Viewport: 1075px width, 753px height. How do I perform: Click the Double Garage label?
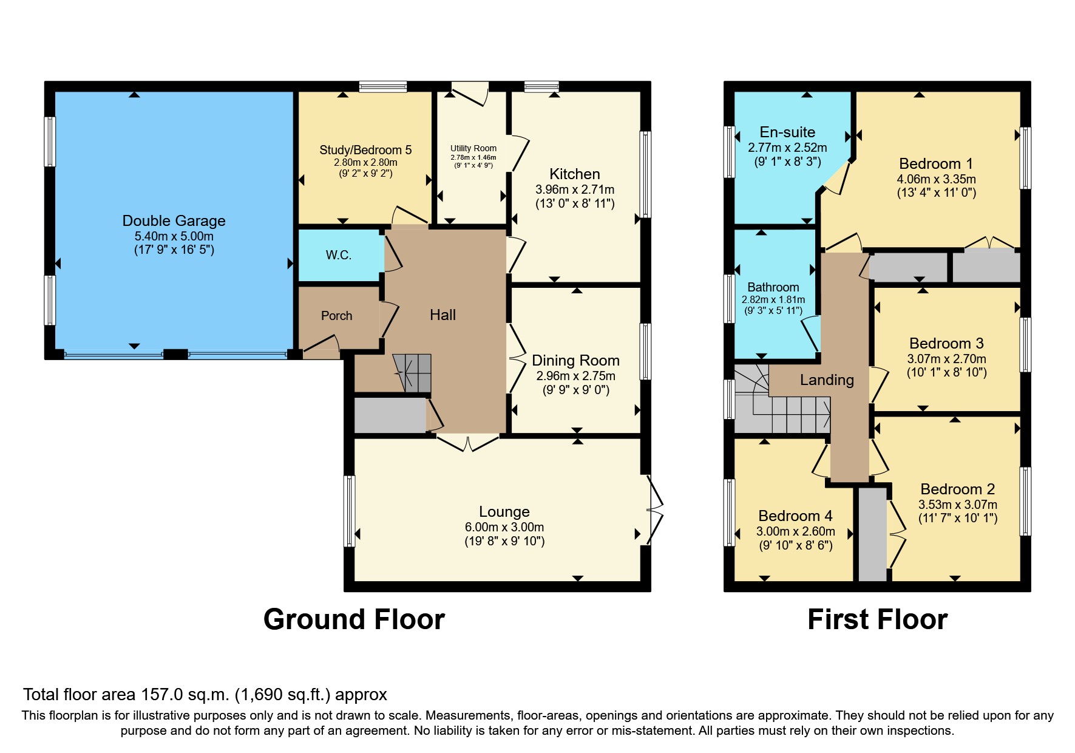(x=174, y=220)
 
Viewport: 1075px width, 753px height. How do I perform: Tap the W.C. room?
(x=339, y=255)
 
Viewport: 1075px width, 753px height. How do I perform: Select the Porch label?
(x=336, y=316)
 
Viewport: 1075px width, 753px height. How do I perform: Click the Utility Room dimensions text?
(x=473, y=157)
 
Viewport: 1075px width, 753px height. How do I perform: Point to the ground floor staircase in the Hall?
(x=413, y=372)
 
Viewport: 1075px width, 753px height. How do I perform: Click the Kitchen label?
(x=574, y=174)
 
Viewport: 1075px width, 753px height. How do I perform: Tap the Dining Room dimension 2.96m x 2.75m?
(x=575, y=376)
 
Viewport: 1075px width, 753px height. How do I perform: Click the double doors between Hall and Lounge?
(x=468, y=444)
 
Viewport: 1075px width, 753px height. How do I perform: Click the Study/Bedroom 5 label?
(x=365, y=150)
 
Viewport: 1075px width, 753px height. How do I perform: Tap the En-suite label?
(x=787, y=132)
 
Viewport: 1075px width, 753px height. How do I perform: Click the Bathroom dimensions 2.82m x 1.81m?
(x=773, y=299)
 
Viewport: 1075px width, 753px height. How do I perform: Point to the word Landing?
(x=827, y=380)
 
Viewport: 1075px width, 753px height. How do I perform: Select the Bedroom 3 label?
(x=946, y=344)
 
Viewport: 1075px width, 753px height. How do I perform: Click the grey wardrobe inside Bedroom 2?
(x=873, y=534)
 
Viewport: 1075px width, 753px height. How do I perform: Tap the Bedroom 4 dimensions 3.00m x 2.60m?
(x=795, y=531)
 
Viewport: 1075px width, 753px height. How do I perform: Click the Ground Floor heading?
(x=354, y=619)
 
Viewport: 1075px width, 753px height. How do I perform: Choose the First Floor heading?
(x=877, y=619)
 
